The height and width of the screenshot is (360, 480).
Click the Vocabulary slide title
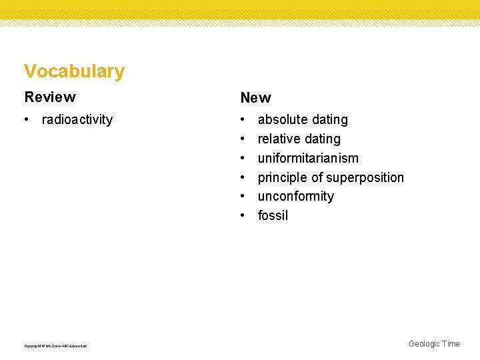pyautogui.click(x=74, y=71)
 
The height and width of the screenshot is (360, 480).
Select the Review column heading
pyautogui.click(x=50, y=97)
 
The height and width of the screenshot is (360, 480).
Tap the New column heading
pyautogui.click(x=255, y=98)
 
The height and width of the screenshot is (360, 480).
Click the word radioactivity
pyautogui.click(x=77, y=120)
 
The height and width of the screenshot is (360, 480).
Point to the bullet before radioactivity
pyautogui.click(x=26, y=120)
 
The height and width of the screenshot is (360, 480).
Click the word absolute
pyautogui.click(x=282, y=120)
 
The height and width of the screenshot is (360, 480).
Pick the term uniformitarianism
pyautogui.click(x=308, y=159)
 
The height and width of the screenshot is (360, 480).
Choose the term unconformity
pyautogui.click(x=296, y=197)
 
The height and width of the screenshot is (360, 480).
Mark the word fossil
pyautogui.click(x=273, y=216)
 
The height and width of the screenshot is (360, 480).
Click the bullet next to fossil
pyautogui.click(x=243, y=216)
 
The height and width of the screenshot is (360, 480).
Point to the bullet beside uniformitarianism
pyautogui.click(x=243, y=159)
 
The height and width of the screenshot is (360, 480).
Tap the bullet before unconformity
pyautogui.click(x=243, y=197)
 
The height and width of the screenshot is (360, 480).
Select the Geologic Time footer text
pyautogui.click(x=434, y=344)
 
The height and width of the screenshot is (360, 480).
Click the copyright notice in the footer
pyautogui.click(x=55, y=345)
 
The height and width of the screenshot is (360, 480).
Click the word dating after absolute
pyautogui.click(x=329, y=120)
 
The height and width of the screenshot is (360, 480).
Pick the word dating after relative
pyautogui.click(x=323, y=139)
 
